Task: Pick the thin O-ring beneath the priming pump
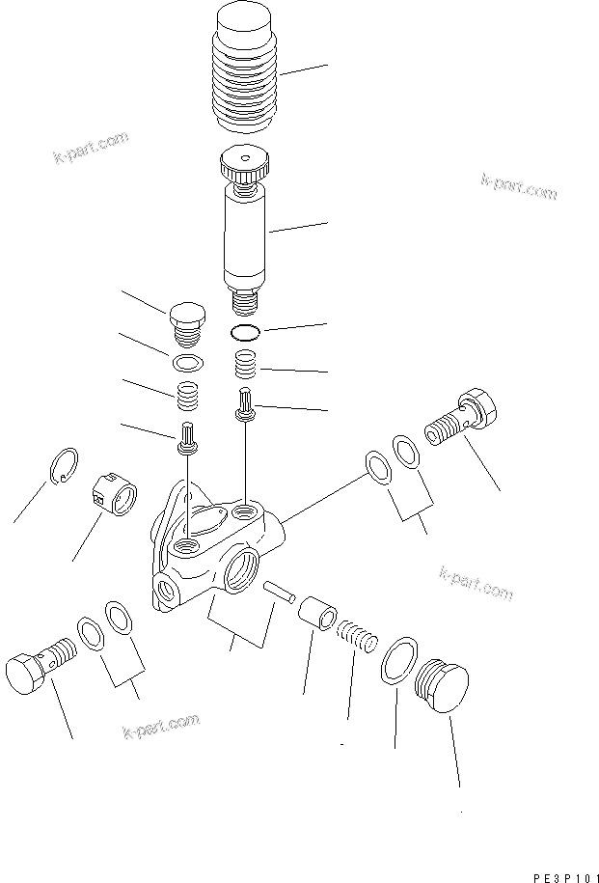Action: pyautogui.click(x=246, y=334)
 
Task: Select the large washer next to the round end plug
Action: pyautogui.click(x=398, y=663)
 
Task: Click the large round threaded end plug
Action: pyautogui.click(x=441, y=688)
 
